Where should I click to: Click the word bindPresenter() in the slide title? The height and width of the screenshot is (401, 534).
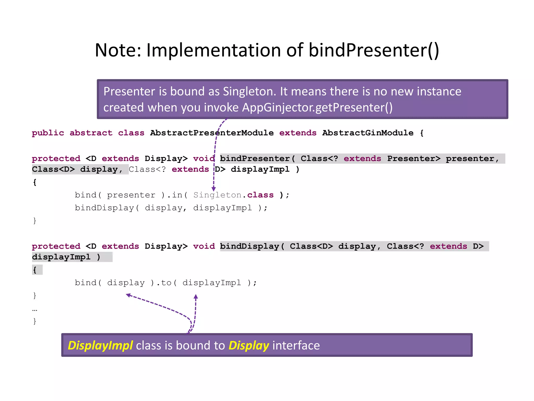pyautogui.click(x=374, y=50)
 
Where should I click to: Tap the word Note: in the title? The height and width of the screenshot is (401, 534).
pyautogui.click(x=118, y=50)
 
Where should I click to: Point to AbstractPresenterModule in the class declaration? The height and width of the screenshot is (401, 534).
pyautogui.click(x=212, y=133)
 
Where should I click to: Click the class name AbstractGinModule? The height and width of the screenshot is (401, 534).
pyautogui.click(x=368, y=133)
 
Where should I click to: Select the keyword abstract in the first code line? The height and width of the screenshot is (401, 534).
pyautogui.click(x=91, y=133)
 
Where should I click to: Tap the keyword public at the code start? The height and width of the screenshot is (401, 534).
pyautogui.click(x=48, y=133)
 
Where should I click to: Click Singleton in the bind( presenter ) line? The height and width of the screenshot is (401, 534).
pyautogui.click(x=217, y=195)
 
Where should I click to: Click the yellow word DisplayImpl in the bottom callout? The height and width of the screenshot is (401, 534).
pyautogui.click(x=100, y=345)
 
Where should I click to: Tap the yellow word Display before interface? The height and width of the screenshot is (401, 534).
pyautogui.click(x=249, y=345)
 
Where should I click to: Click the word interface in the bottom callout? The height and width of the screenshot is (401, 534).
pyautogui.click(x=296, y=345)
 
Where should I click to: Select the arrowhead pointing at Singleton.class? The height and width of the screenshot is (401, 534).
pyautogui.click(x=214, y=189)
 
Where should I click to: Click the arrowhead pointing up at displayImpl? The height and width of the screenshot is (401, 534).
pyautogui.click(x=196, y=297)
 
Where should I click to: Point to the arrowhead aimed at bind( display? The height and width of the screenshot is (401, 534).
pyautogui.click(x=128, y=295)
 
